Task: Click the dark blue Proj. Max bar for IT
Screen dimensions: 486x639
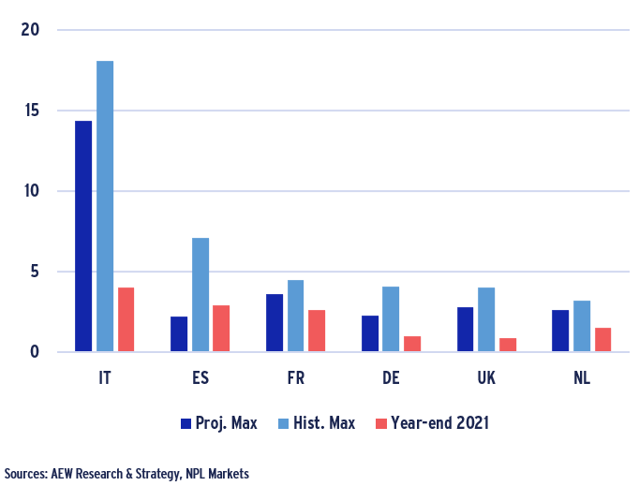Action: [83, 237]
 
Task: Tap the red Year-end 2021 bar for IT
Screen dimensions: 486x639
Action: [126, 320]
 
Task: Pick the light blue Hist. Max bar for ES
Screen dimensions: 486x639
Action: [201, 295]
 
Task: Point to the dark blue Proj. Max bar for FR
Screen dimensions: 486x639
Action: [275, 323]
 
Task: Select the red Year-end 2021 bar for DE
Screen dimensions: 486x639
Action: [412, 344]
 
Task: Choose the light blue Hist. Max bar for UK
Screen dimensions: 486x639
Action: [486, 320]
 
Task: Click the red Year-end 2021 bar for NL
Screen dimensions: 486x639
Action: [602, 340]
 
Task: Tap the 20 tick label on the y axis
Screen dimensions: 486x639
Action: [31, 30]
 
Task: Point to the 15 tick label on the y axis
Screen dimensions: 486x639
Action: [31, 110]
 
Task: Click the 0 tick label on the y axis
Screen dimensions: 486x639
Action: [36, 352]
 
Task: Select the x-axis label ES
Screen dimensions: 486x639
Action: [201, 378]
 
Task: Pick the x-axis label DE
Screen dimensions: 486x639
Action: [391, 378]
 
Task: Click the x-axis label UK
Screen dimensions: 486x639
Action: [486, 378]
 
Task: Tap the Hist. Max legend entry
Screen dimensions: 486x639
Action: [319, 423]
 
